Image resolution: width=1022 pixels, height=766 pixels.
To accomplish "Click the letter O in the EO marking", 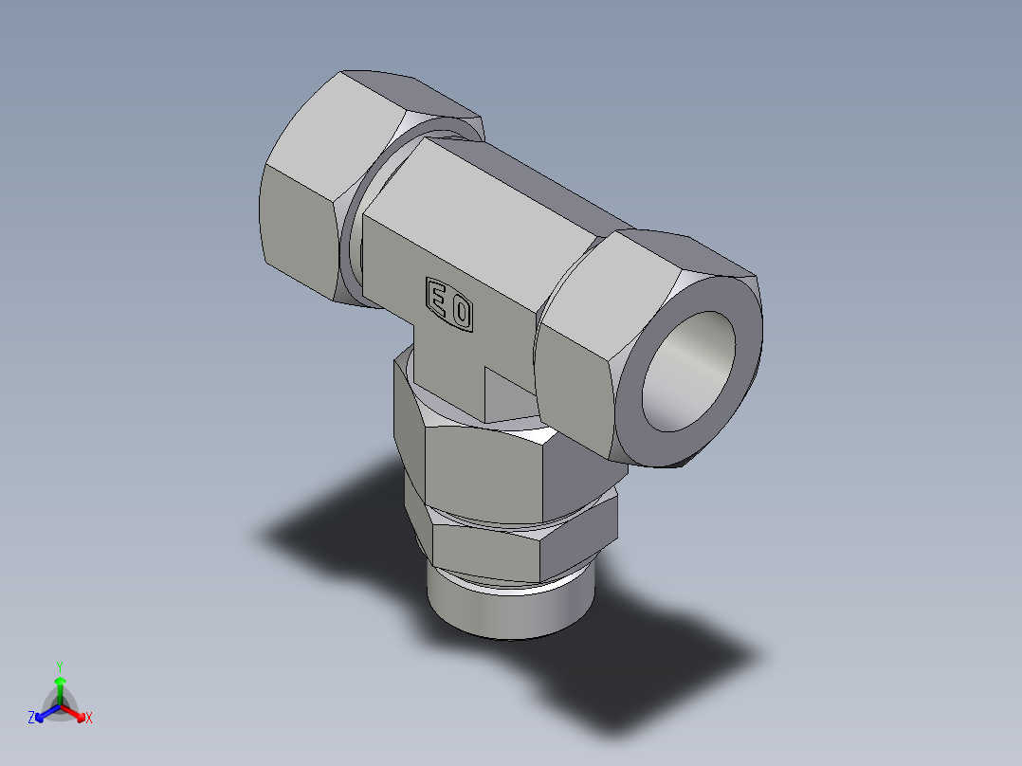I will pos(461,313).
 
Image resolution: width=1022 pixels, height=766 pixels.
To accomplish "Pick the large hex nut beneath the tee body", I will pos(484,469).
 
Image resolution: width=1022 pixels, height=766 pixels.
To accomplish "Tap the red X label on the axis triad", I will pos(89,719).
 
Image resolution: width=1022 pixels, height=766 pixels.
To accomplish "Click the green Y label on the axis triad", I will pos(60,666).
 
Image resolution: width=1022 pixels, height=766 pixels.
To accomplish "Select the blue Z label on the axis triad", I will pos(31,719).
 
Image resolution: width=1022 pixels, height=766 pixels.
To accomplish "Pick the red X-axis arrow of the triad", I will pos(76,712).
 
